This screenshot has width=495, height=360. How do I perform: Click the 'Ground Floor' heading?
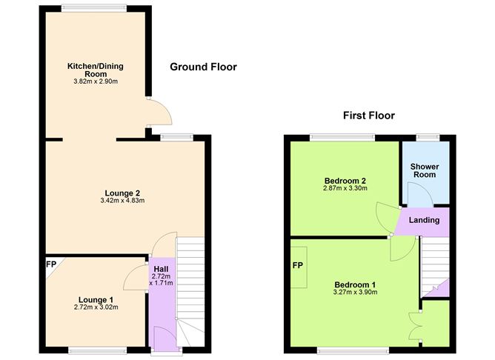[203, 67]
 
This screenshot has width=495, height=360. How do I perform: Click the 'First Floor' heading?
[368, 116]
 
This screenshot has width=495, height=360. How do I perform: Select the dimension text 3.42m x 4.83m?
[122, 201]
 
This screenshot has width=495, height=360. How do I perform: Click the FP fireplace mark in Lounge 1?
[52, 264]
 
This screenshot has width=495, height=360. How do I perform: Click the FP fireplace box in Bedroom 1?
[298, 265]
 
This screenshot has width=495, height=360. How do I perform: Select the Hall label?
[162, 268]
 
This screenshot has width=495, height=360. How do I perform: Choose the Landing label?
[425, 220]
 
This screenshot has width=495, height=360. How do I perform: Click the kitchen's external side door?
[159, 113]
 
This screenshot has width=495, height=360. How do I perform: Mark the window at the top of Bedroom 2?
[342, 136]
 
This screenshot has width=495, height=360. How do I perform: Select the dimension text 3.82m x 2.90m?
[93, 81]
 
